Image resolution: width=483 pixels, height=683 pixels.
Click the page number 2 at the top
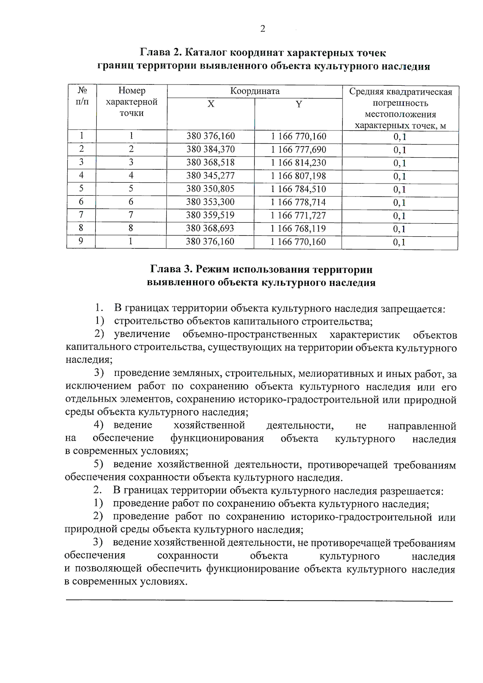pyautogui.click(x=262, y=29)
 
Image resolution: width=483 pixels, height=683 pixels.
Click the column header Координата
pyautogui.click(x=255, y=91)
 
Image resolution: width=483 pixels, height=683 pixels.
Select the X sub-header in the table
pyautogui.click(x=211, y=104)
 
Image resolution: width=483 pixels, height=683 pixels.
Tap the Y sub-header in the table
pyautogui.click(x=298, y=104)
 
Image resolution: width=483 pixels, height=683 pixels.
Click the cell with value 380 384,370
pyautogui.click(x=211, y=149)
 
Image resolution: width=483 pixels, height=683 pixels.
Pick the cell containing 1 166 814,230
pyautogui.click(x=298, y=163)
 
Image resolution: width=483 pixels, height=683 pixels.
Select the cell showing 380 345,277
pyautogui.click(x=211, y=176)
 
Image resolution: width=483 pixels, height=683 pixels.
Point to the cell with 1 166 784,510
pyautogui.click(x=298, y=189)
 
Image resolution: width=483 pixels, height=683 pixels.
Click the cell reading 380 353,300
pyautogui.click(x=211, y=202)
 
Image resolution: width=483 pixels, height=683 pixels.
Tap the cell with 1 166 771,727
pyautogui.click(x=298, y=215)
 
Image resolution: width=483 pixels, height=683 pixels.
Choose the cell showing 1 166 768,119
pyautogui.click(x=298, y=229)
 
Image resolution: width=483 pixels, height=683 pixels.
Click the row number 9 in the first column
pyautogui.click(x=81, y=241)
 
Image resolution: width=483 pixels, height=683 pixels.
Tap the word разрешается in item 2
pyautogui.click(x=411, y=491)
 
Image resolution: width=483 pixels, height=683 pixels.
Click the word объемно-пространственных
pyautogui.click(x=250, y=335)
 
